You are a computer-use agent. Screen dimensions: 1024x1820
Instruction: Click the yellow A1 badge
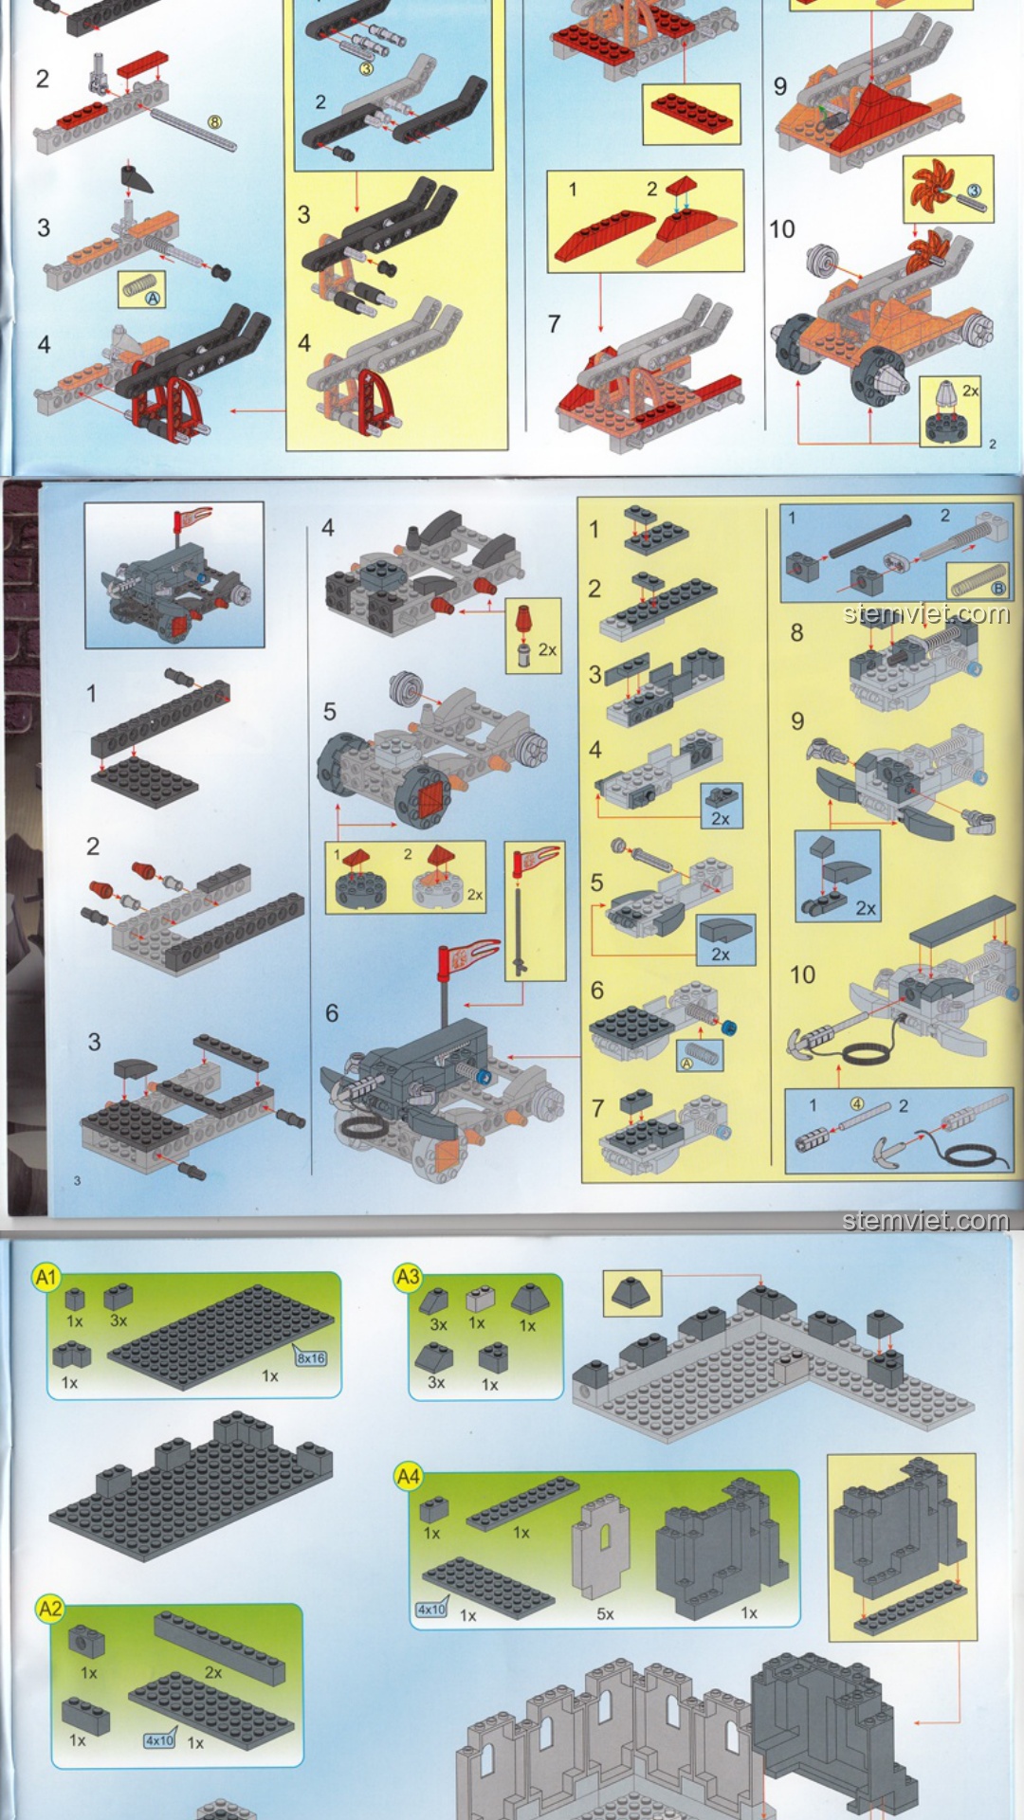click(46, 1277)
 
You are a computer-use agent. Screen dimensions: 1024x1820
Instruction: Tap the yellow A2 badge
click(50, 1609)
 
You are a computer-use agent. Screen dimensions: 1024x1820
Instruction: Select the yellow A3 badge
click(408, 1277)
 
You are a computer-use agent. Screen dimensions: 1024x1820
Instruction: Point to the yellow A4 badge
click(409, 1476)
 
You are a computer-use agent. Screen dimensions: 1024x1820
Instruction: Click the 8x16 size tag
click(311, 1357)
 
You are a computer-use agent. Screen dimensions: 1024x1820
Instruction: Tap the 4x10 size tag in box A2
click(159, 1740)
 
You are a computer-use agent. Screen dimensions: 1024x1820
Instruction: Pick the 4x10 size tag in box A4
click(431, 1610)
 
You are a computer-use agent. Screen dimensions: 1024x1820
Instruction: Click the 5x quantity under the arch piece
click(605, 1613)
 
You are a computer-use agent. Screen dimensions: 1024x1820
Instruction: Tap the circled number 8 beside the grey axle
click(215, 122)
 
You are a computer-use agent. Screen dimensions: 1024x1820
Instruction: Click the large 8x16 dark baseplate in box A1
click(220, 1338)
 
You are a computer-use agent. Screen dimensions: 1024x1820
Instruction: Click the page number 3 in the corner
click(78, 1180)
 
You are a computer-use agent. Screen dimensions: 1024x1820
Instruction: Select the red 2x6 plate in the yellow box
click(690, 113)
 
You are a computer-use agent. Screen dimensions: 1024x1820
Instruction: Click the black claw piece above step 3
click(137, 178)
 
